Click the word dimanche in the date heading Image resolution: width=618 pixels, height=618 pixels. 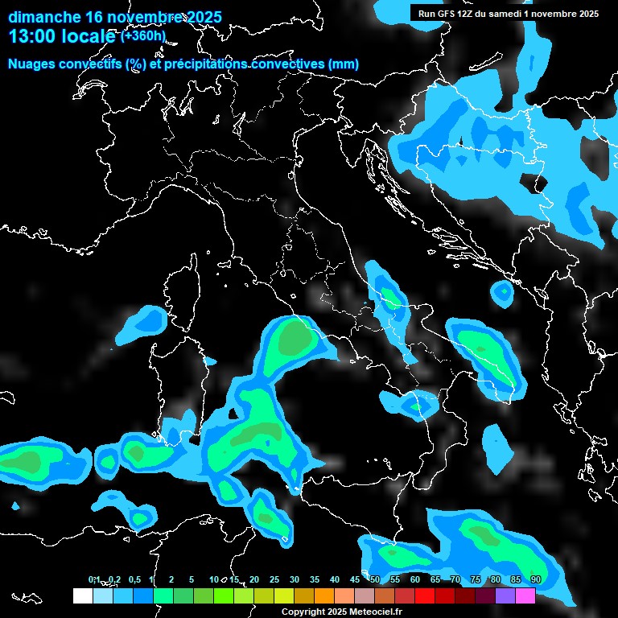point(43,16)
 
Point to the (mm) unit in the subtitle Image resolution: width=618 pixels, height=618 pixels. point(344,64)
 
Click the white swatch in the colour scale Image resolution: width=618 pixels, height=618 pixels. point(82,595)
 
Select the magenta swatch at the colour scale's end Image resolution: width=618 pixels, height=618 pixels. point(525,595)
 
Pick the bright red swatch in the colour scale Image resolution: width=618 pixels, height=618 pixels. point(424,595)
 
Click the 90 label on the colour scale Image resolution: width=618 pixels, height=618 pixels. point(535,579)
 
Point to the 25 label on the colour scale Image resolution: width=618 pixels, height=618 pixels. point(274,579)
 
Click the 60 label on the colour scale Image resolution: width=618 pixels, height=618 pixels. point(414,579)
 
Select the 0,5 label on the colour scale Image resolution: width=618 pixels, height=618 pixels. point(134,579)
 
